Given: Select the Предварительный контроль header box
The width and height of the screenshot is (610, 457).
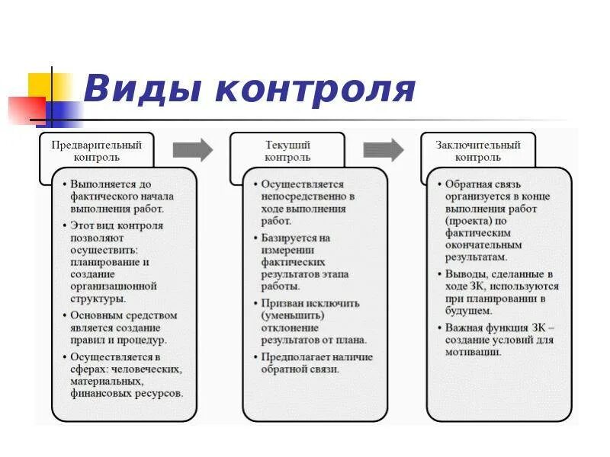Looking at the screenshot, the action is (97, 151).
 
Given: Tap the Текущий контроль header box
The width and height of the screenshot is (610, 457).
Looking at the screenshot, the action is (287, 151).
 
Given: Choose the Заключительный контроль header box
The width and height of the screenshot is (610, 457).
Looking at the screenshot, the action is (478, 151).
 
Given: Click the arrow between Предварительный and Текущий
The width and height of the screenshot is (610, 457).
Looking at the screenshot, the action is (193, 150).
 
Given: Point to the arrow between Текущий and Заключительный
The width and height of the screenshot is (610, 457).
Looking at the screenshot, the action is (383, 150).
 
